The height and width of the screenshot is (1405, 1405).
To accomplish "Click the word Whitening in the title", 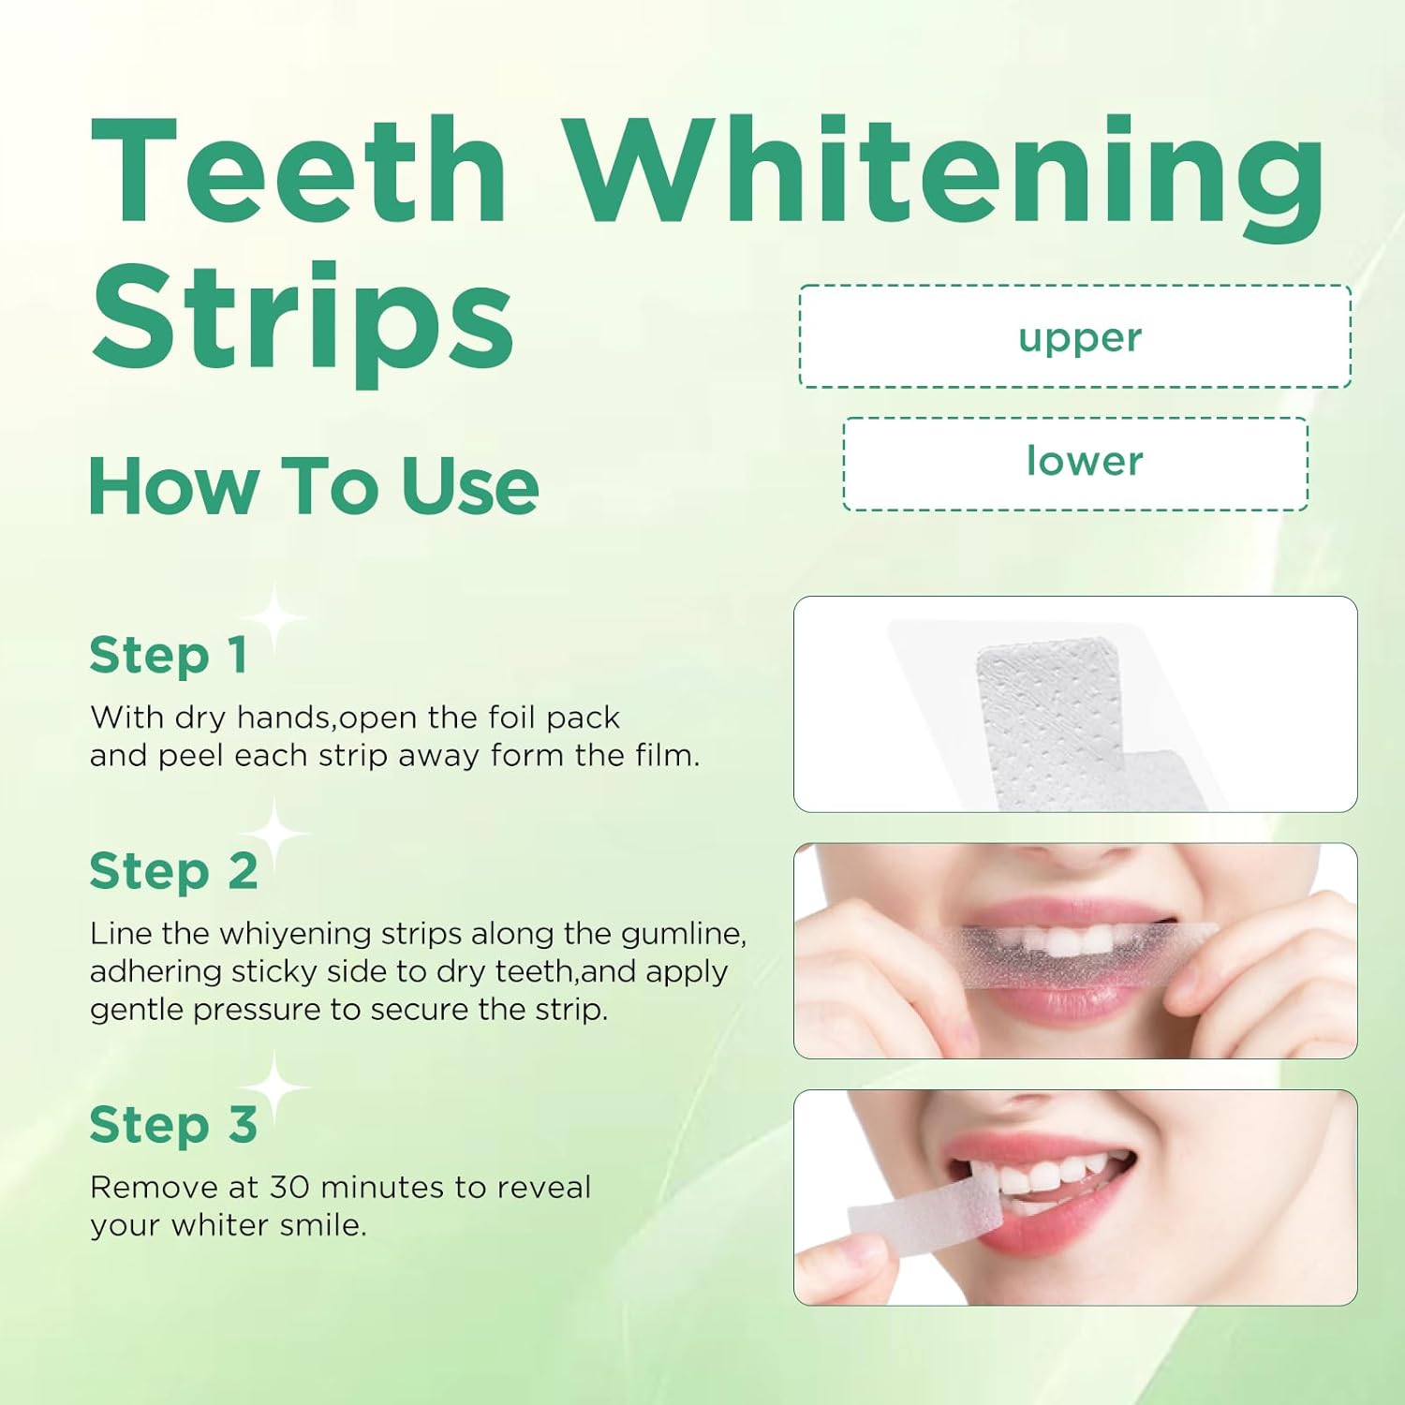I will (946, 173).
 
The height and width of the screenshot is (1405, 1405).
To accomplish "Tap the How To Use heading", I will (313, 486).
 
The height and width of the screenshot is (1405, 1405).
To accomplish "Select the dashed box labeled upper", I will (1075, 336).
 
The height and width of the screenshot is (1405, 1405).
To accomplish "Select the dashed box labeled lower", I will (1075, 463).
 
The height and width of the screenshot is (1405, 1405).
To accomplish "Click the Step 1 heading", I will (169, 655).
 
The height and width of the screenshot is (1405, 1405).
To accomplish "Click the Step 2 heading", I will (173, 872).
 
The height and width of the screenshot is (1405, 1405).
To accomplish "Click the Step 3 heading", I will (173, 1125).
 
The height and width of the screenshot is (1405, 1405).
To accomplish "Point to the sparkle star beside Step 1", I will (274, 618).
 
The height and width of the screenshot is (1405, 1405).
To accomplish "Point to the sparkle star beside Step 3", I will (274, 1087).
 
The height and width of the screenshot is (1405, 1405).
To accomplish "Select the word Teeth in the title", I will (300, 173).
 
